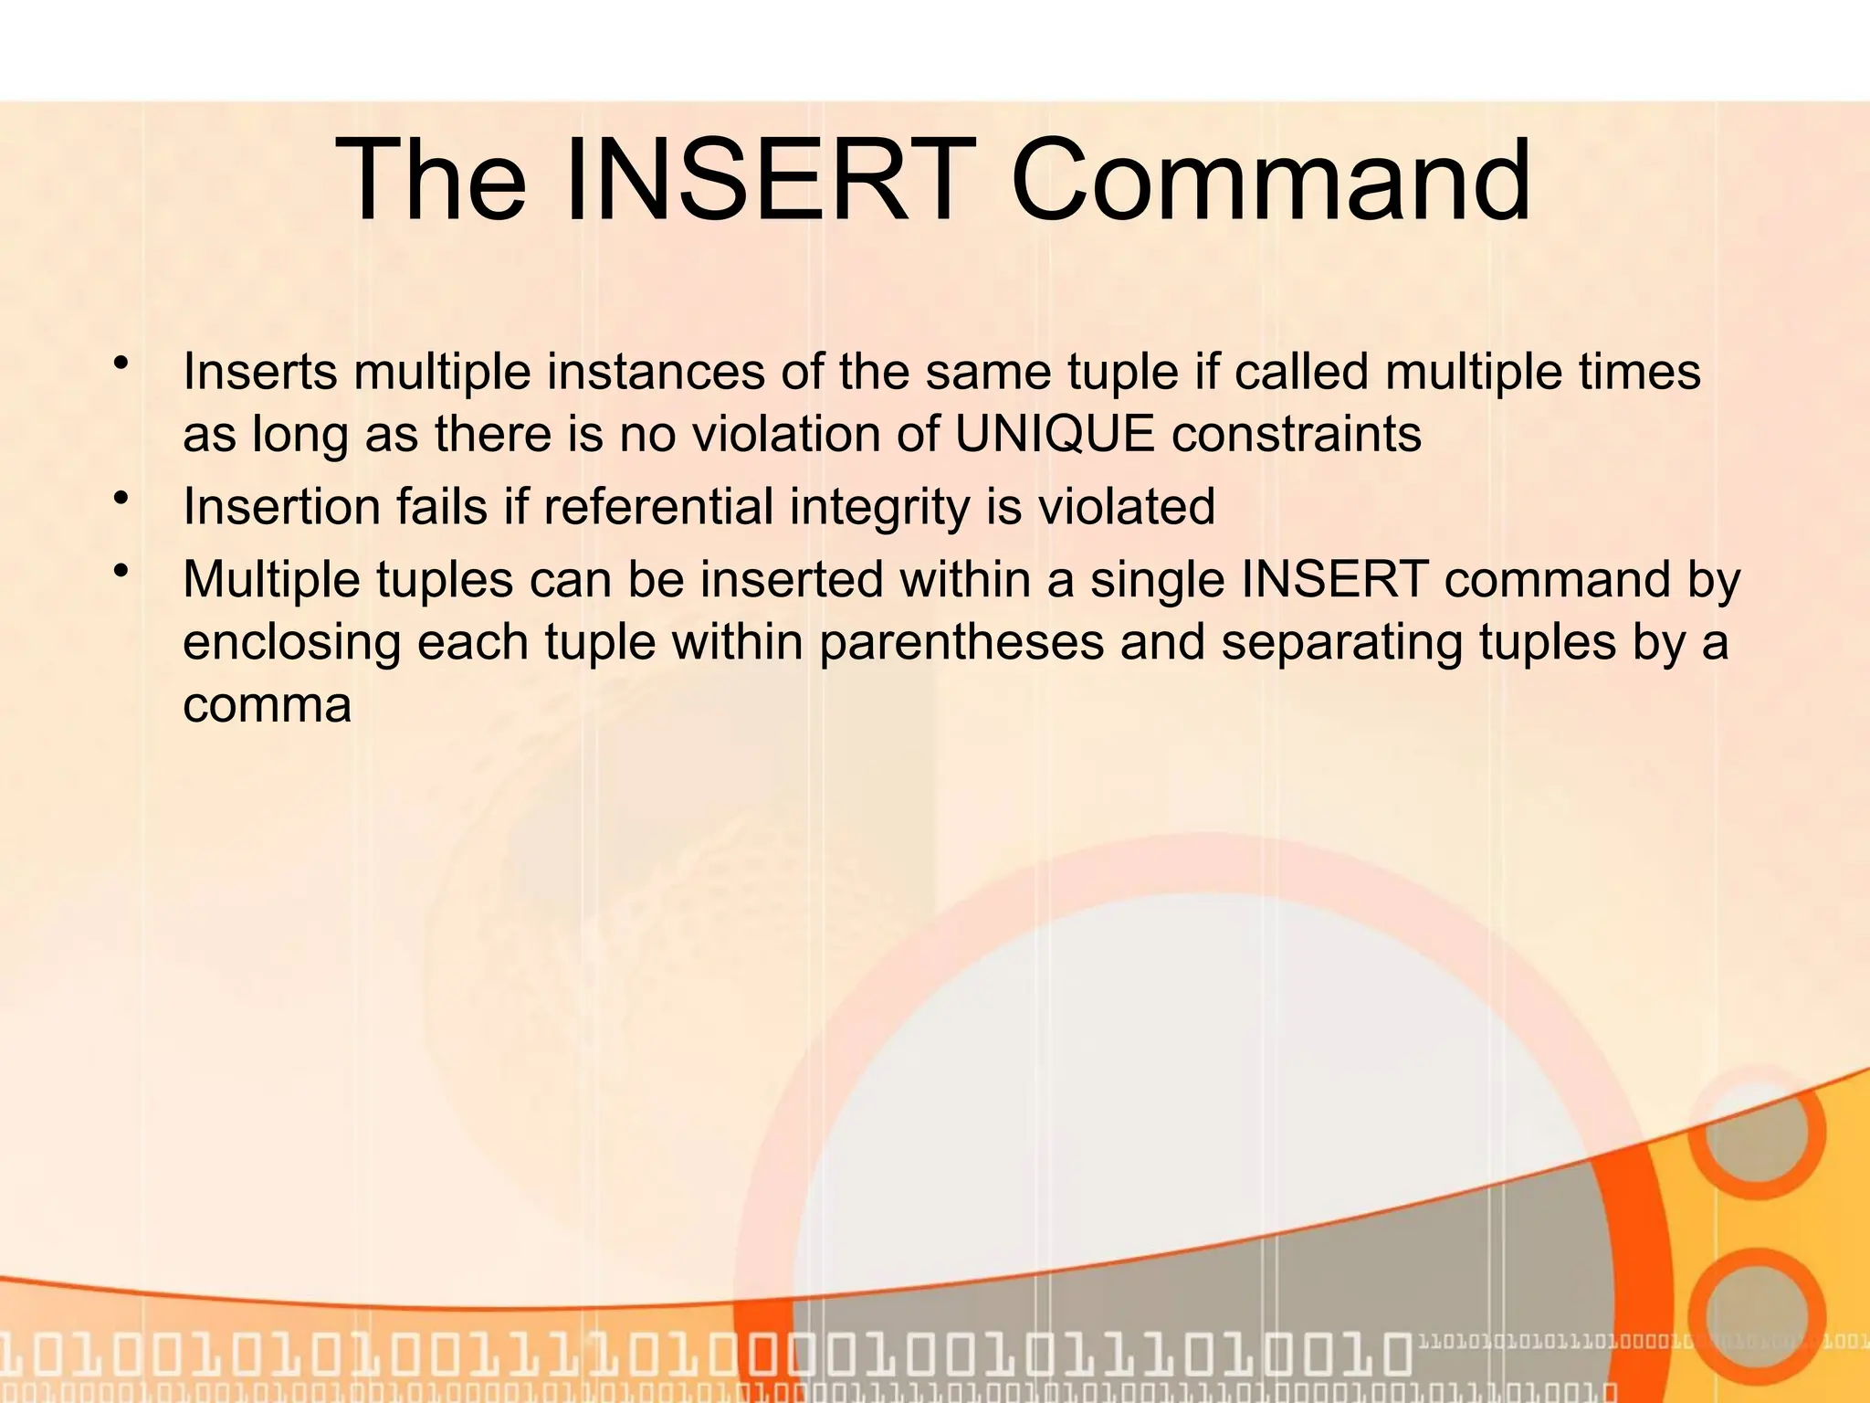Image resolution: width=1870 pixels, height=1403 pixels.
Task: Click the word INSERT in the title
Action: [x=765, y=180]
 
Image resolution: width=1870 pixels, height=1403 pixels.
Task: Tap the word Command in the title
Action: [x=1270, y=180]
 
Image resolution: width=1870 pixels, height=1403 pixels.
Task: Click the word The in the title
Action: [x=430, y=180]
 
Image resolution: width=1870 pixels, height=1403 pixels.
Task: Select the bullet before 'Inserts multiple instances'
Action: [x=120, y=364]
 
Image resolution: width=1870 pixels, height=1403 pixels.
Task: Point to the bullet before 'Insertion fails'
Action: [x=120, y=500]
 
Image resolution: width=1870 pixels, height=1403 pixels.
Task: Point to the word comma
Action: [x=267, y=705]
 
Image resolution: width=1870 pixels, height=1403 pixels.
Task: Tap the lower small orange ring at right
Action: [x=1756, y=1315]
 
